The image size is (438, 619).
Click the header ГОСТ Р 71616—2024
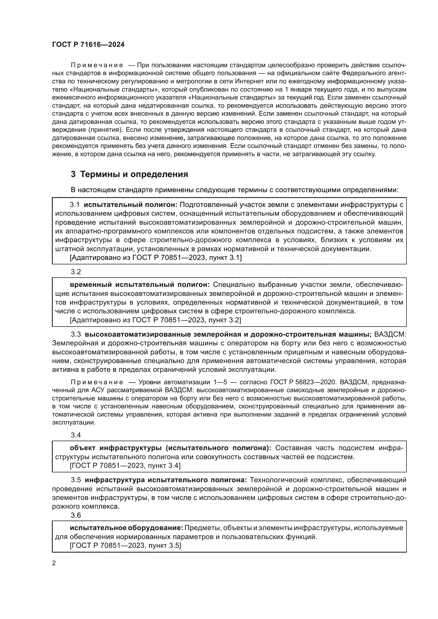tap(88, 45)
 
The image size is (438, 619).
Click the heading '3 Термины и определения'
tap(129, 174)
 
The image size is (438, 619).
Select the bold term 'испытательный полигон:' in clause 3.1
tap(131, 205)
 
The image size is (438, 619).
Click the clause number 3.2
tap(76, 272)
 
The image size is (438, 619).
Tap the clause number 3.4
tap(76, 435)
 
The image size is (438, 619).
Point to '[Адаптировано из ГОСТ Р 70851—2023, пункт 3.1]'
tap(156, 258)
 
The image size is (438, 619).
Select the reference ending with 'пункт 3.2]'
tap(155, 320)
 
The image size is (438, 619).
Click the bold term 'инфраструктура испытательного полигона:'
tap(166, 480)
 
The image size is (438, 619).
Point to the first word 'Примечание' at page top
tap(97, 65)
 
